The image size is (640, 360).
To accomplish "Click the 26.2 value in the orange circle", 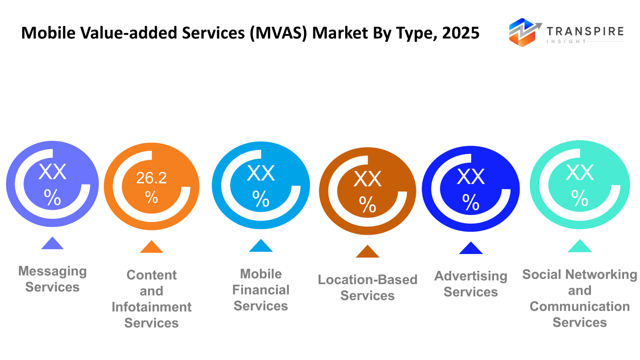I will (x=151, y=178).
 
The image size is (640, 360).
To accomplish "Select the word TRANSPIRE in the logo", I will (x=585, y=31).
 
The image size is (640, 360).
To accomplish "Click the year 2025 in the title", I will (x=461, y=33).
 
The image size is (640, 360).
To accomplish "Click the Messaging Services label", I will (x=52, y=279).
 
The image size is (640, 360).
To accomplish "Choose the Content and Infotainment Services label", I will (x=152, y=299).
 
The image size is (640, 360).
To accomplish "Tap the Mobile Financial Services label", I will (x=261, y=290).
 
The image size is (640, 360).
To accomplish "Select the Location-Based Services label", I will (x=368, y=287).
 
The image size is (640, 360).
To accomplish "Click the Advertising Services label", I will (x=471, y=284).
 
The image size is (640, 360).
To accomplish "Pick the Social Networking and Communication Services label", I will (x=580, y=298).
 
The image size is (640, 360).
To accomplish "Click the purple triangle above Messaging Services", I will (x=52, y=244).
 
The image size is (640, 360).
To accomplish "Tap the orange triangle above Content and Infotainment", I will (x=152, y=248).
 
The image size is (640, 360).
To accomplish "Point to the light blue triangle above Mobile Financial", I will (x=261, y=246).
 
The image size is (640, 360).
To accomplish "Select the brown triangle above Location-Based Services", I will (x=368, y=252).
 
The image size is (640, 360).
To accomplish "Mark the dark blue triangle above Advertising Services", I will (x=471, y=249).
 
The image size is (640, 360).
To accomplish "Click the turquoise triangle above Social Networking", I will (x=580, y=247).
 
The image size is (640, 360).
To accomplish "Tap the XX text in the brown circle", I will (x=368, y=179).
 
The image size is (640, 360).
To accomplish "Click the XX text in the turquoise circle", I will (x=580, y=173).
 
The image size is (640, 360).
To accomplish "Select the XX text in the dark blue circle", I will (x=471, y=176).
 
